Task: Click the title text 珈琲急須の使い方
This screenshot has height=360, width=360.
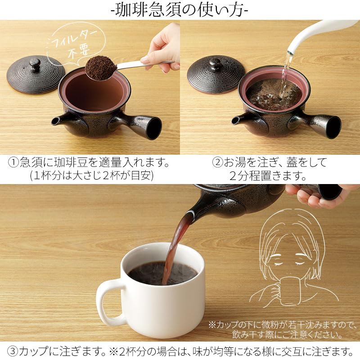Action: click(x=180, y=10)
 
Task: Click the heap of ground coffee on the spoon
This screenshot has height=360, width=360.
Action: click(x=100, y=68)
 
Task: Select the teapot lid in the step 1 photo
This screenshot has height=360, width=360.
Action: click(x=36, y=74)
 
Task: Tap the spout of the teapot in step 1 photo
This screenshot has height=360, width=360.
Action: click(x=58, y=121)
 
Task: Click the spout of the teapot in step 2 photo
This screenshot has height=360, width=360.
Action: click(x=238, y=120)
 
